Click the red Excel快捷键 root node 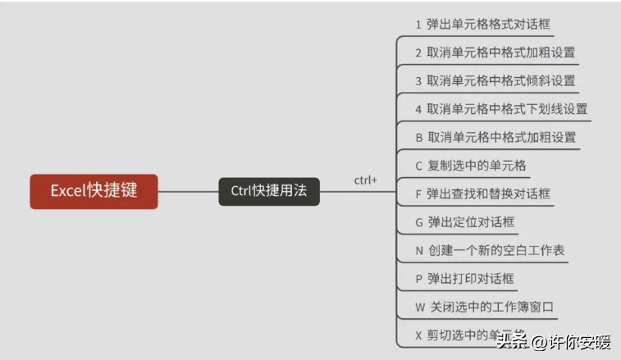(x=94, y=191)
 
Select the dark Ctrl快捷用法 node (x=268, y=191)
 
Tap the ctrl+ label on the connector (x=365, y=180)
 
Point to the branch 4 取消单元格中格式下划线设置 (x=501, y=108)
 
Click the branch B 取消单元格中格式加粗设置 (x=495, y=137)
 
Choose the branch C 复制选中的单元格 (x=471, y=166)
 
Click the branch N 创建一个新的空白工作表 (x=490, y=250)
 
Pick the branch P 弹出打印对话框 (x=464, y=279)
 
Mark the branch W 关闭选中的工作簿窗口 (x=485, y=307)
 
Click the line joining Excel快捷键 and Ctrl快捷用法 (x=188, y=192)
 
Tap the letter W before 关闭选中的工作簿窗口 (x=420, y=307)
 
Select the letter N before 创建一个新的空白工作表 (x=419, y=250)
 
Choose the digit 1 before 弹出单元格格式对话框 (x=418, y=25)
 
